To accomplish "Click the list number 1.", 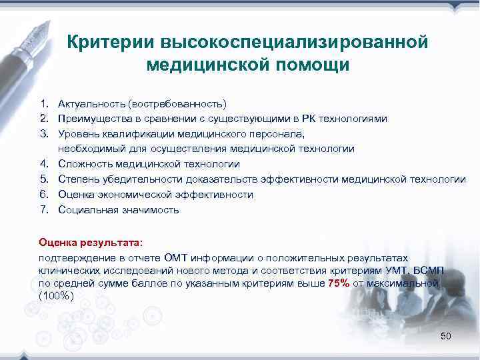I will (x=43, y=103).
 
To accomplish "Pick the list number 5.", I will (x=43, y=179).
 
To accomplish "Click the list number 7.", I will (x=43, y=210).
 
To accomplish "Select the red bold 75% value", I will (x=339, y=283).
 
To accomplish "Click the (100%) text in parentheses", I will (x=57, y=295).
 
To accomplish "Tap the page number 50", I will (x=446, y=336).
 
